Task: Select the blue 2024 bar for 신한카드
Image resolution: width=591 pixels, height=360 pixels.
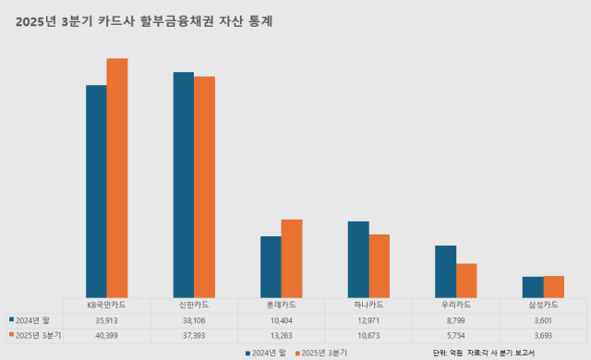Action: coord(183,185)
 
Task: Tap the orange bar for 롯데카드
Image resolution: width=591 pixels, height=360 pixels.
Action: coord(291,258)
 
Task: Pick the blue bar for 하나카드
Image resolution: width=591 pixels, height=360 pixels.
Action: coord(357,259)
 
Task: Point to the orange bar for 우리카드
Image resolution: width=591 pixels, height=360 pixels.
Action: coord(465,281)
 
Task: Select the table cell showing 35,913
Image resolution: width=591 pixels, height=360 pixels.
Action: coord(106,319)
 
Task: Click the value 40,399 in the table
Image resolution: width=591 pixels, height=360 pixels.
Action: coord(106,335)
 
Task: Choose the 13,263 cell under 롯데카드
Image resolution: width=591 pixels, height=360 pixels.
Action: coord(281,335)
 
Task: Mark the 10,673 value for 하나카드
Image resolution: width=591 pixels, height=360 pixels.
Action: coord(368,335)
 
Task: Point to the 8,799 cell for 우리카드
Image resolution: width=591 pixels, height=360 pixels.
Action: coord(455,319)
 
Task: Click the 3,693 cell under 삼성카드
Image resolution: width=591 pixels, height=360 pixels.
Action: coord(542,335)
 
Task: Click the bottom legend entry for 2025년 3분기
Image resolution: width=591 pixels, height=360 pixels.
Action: coord(324,353)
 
